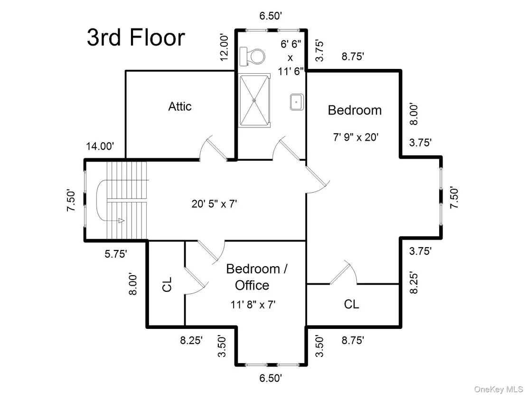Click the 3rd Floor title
(136, 37)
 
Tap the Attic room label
(180, 106)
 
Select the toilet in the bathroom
(252, 56)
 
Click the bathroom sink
(297, 102)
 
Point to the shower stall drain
(254, 100)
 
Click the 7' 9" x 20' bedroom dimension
(356, 137)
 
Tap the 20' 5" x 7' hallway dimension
(215, 203)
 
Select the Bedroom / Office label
(257, 277)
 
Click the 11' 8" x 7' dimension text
(253, 305)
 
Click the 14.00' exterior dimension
(100, 146)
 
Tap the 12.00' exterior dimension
(225, 47)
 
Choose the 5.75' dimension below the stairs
(116, 254)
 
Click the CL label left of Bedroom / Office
(167, 284)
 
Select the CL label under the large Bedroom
(351, 304)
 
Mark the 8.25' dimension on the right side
(414, 283)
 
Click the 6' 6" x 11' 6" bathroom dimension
(291, 58)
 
